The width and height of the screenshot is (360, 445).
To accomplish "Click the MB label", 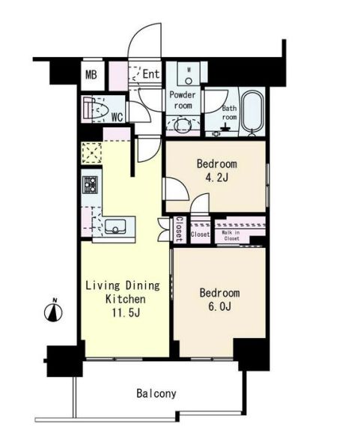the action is [91, 75].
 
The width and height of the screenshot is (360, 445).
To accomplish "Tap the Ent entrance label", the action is [150, 74].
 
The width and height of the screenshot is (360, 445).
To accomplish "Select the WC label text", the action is [117, 117].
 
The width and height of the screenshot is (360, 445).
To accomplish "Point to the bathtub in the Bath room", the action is [252, 112].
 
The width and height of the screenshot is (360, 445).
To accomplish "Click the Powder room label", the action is [183, 100].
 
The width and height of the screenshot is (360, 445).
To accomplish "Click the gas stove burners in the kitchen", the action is [90, 184].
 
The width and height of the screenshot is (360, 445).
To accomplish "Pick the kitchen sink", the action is [115, 226].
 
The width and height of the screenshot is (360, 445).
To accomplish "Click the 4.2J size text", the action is [216, 178].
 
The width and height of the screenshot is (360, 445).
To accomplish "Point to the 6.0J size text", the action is [220, 306].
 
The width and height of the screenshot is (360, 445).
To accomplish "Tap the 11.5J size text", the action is [126, 312].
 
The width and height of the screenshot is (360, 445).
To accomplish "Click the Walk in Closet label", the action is [231, 235].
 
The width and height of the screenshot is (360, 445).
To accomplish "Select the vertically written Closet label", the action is [180, 229].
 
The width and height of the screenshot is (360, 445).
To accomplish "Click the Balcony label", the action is [156, 393].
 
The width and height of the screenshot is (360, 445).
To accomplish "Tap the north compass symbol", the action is [53, 312].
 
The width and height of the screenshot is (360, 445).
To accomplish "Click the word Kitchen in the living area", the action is [126, 299].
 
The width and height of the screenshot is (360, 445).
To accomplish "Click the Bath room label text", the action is [229, 112].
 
